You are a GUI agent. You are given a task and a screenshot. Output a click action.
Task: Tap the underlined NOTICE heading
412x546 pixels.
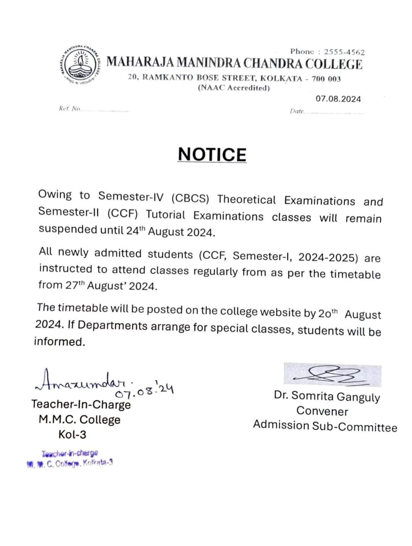(x=212, y=155)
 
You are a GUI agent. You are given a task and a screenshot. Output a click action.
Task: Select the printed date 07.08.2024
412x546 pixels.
(x=338, y=99)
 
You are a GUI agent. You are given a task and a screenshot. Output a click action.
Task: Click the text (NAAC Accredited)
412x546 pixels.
(x=234, y=88)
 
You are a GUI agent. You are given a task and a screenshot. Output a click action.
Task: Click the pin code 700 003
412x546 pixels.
(x=326, y=79)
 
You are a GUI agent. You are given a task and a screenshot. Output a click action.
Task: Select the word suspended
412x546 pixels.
(x=68, y=229)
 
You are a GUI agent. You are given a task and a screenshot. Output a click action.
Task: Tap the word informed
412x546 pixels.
(x=59, y=341)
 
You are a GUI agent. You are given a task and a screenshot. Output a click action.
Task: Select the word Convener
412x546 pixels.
(x=322, y=411)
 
